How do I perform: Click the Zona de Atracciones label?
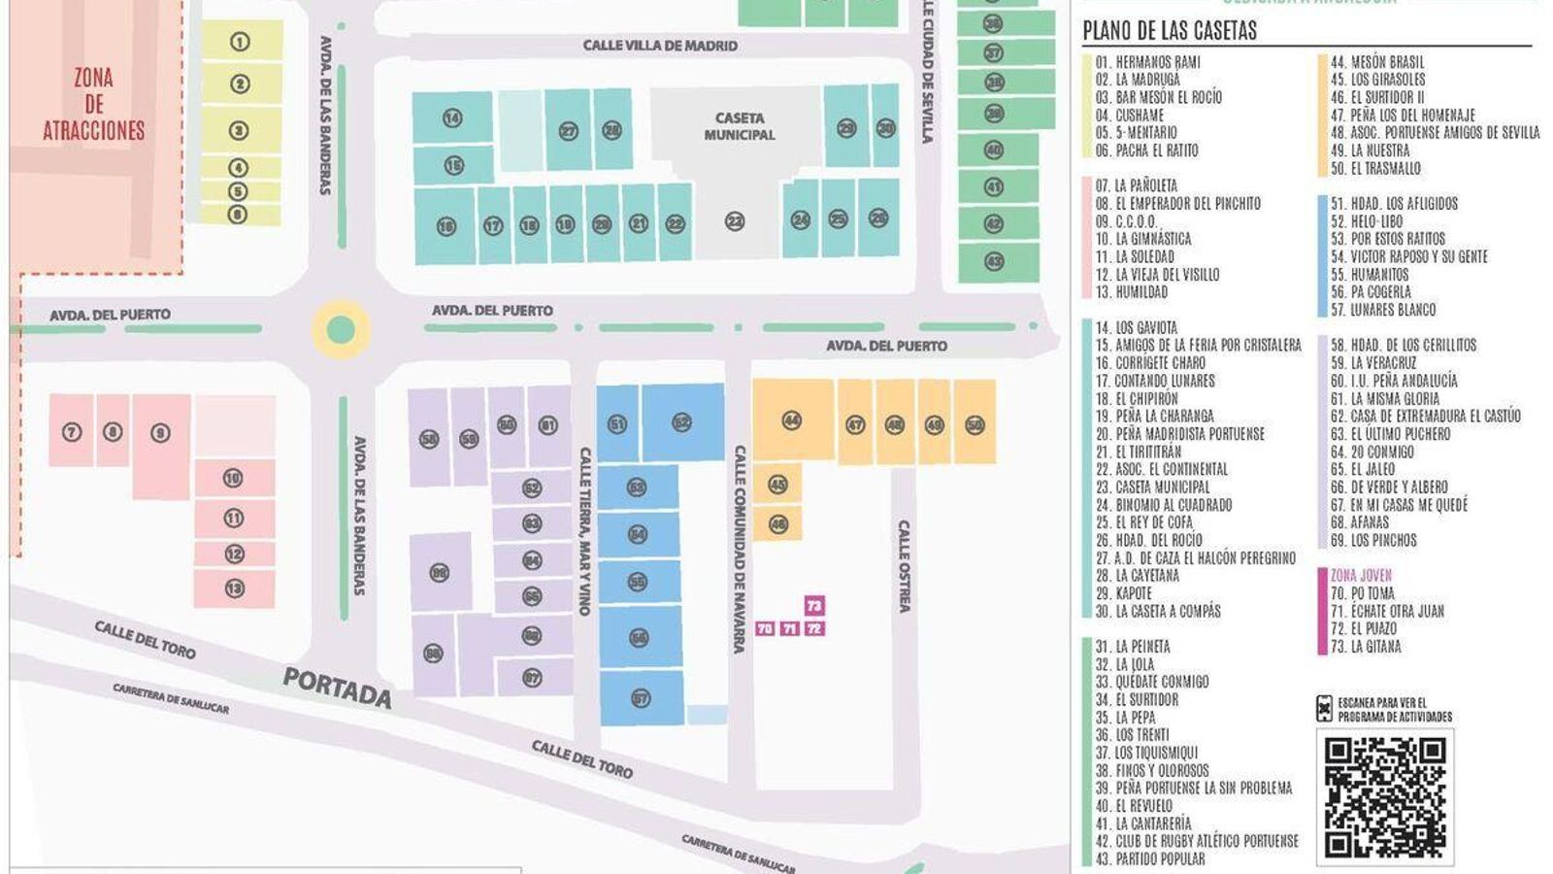click(x=93, y=104)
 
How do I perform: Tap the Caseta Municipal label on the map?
click(x=740, y=126)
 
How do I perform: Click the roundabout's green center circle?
click(x=341, y=330)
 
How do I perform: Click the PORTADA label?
click(x=337, y=688)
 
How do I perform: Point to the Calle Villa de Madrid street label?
click(x=660, y=46)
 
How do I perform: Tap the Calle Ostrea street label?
click(x=904, y=566)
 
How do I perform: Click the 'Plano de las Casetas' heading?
click(x=1170, y=31)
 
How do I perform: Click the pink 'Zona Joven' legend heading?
click(x=1361, y=576)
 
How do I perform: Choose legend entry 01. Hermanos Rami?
click(x=1148, y=62)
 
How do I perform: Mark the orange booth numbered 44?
click(x=792, y=420)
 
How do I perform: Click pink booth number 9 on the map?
click(x=161, y=434)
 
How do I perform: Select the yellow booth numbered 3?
click(x=239, y=130)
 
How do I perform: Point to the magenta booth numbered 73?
click(x=814, y=606)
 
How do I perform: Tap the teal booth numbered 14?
click(x=451, y=118)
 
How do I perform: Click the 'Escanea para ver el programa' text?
click(x=1395, y=710)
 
